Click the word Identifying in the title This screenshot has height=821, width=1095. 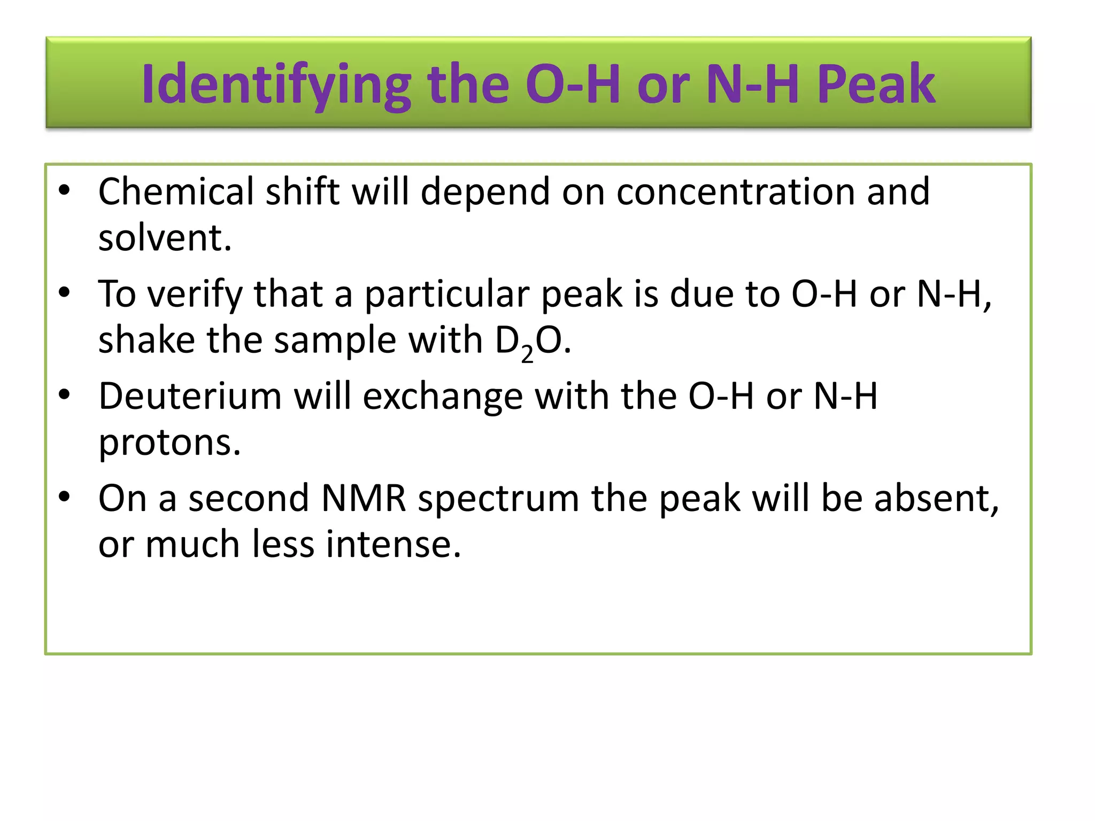tap(276, 84)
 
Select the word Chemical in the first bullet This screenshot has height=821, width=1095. tap(176, 191)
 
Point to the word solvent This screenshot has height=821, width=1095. tap(165, 238)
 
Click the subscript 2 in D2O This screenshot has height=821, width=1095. tap(527, 354)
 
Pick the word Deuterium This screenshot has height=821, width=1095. tap(190, 397)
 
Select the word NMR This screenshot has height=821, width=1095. tap(364, 499)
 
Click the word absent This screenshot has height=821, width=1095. tap(936, 499)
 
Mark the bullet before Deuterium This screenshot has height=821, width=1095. tap(65, 396)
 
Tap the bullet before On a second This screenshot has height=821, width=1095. tap(65, 498)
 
